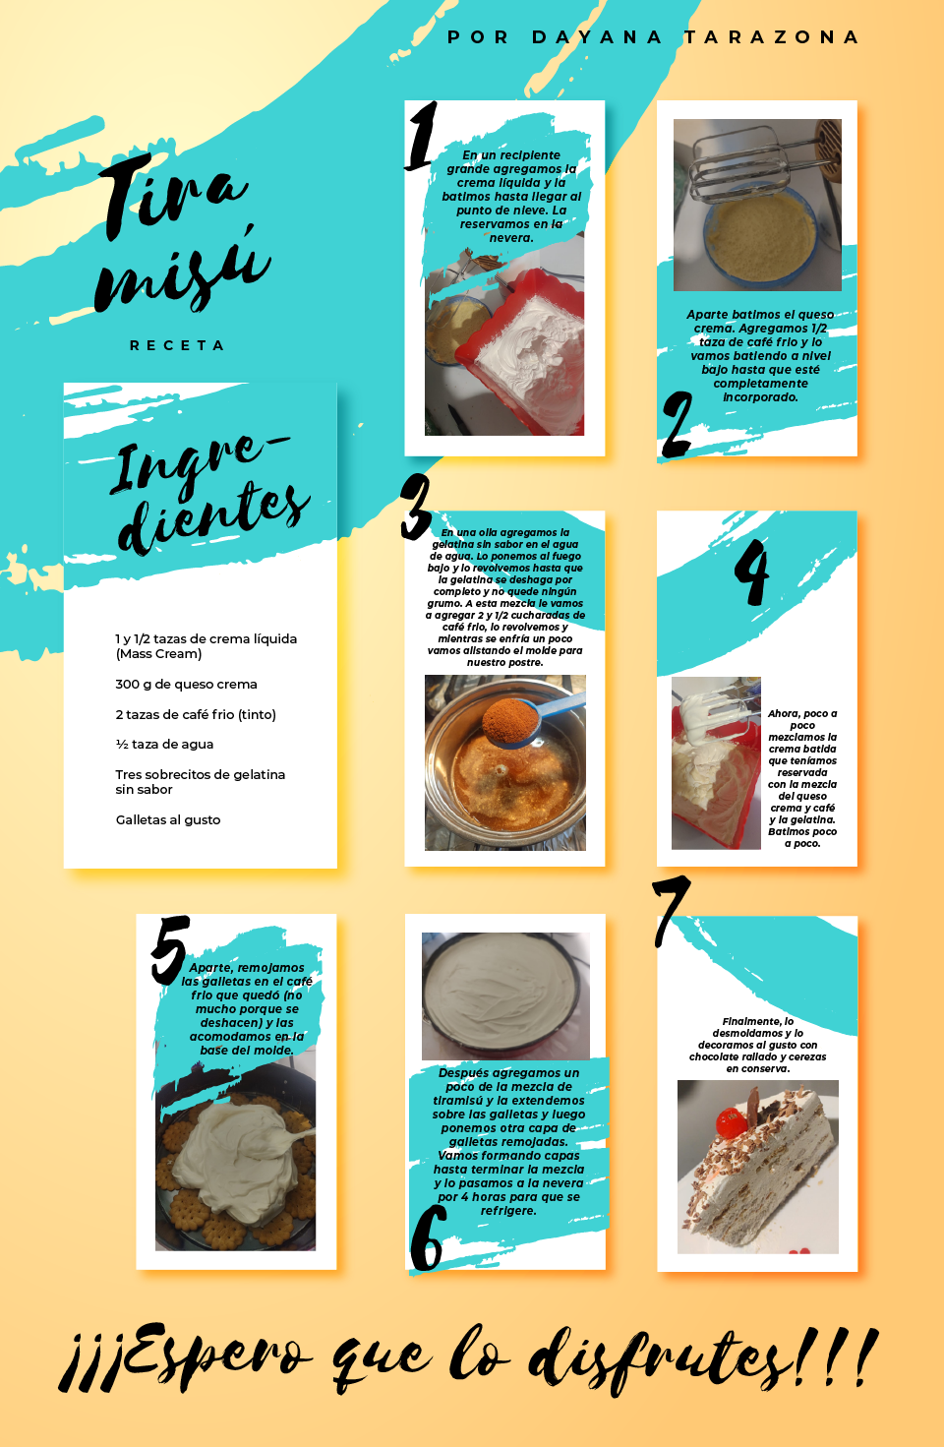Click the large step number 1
[422, 136]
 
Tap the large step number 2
[677, 424]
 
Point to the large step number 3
[417, 507]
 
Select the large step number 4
[752, 573]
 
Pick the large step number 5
[170, 948]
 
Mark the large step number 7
[671, 910]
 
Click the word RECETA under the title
[177, 345]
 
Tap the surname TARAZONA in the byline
[772, 37]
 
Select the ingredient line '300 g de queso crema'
[186, 684]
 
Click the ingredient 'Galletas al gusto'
[168, 819]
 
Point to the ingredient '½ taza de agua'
[164, 745]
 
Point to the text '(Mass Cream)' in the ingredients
[158, 654]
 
